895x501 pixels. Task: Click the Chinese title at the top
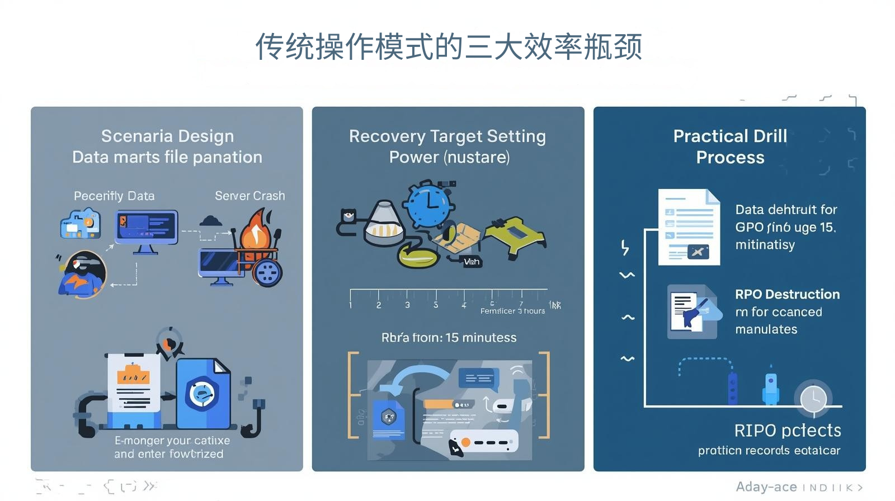point(448,46)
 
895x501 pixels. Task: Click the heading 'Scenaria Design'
point(167,136)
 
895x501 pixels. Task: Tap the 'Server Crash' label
point(249,196)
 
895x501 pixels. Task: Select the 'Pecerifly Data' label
point(114,196)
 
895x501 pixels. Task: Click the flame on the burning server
point(256,230)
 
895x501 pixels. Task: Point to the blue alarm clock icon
point(428,204)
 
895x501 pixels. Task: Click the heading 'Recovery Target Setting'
point(447,136)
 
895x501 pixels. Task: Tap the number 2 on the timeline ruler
point(379,305)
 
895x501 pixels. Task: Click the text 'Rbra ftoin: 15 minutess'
point(449,337)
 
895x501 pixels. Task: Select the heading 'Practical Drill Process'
point(730,146)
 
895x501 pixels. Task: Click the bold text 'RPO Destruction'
point(787,294)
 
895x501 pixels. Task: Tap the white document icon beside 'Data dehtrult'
point(689,227)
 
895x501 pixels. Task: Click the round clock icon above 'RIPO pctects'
point(813,398)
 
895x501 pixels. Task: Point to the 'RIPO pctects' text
point(787,430)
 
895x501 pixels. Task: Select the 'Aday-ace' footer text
point(766,486)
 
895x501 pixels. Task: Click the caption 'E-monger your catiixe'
point(172,441)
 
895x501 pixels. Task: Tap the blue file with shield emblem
point(202,393)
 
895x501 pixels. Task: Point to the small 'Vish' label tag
point(471,262)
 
